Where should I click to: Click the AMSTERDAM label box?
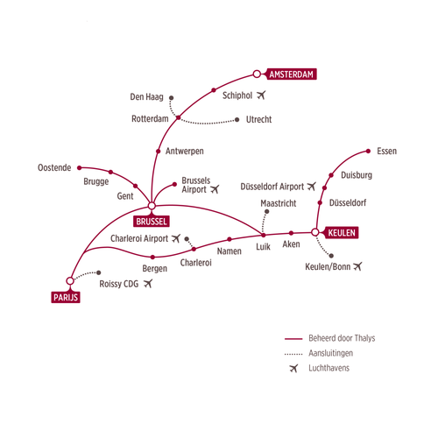(292, 74)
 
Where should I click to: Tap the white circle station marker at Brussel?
(152, 206)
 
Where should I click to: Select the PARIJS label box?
(66, 297)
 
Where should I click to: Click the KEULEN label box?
(342, 233)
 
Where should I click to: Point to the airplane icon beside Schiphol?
(261, 95)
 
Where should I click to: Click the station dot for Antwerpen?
(159, 152)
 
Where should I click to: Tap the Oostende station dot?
(80, 168)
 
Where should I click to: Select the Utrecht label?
(258, 119)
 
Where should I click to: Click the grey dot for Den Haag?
(172, 98)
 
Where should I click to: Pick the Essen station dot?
(368, 152)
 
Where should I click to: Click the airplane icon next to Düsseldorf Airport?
(312, 186)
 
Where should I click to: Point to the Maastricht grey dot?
(267, 211)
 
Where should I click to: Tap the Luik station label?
(263, 247)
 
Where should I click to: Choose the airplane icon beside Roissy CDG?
(148, 283)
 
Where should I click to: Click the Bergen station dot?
(152, 258)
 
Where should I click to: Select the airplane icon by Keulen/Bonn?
(357, 266)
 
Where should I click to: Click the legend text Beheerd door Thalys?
(342, 338)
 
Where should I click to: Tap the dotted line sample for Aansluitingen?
(293, 354)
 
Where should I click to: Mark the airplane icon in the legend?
(293, 368)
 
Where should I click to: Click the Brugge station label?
(96, 181)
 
